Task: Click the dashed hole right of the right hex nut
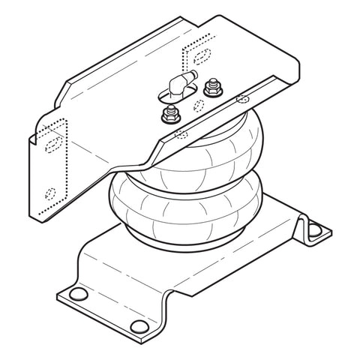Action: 242,97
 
